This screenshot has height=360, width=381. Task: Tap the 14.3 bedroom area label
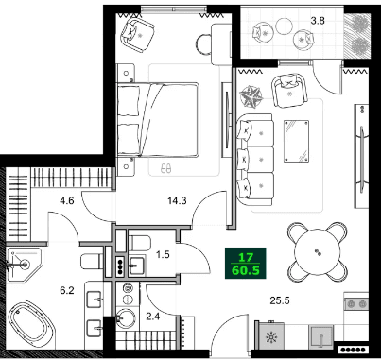[174, 199]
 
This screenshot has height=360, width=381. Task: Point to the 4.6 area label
[66, 199]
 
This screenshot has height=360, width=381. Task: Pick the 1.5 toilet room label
[162, 255]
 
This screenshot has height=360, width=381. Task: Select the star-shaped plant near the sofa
[253, 96]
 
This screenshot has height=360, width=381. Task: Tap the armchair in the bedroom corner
[136, 37]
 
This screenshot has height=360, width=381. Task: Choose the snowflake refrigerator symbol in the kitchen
[273, 337]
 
